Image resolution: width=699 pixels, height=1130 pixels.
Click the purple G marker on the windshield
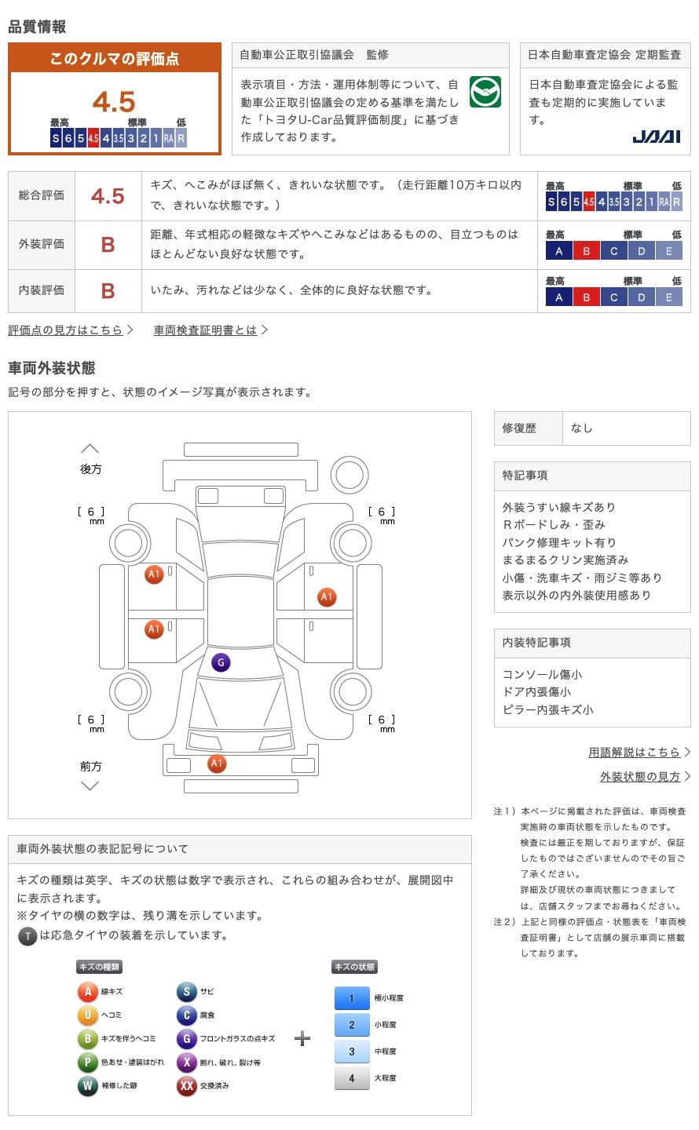(221, 662)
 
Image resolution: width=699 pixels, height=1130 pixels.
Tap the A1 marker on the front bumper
(217, 764)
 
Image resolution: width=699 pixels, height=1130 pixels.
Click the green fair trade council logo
(485, 92)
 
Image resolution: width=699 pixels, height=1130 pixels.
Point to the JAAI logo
(656, 137)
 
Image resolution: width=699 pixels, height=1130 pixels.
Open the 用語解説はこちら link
(639, 752)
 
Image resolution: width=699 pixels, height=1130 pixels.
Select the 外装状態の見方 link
(645, 777)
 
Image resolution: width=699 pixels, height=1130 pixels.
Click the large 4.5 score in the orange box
(114, 101)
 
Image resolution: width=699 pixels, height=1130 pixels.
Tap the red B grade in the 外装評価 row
(108, 245)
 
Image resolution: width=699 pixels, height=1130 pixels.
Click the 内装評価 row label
(42, 290)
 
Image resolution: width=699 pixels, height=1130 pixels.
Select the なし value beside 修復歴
(581, 428)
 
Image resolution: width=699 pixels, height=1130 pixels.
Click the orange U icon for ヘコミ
(87, 1015)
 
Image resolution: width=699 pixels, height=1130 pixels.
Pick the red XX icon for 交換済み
(186, 1085)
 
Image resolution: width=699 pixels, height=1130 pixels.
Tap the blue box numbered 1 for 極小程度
(352, 998)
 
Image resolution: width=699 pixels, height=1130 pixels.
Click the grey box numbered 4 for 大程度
(352, 1078)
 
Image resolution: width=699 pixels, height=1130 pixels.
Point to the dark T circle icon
(27, 936)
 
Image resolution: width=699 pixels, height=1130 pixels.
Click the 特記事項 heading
(525, 476)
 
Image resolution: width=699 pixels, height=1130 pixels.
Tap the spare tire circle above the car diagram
(349, 475)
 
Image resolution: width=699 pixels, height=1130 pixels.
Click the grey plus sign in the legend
(302, 1038)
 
